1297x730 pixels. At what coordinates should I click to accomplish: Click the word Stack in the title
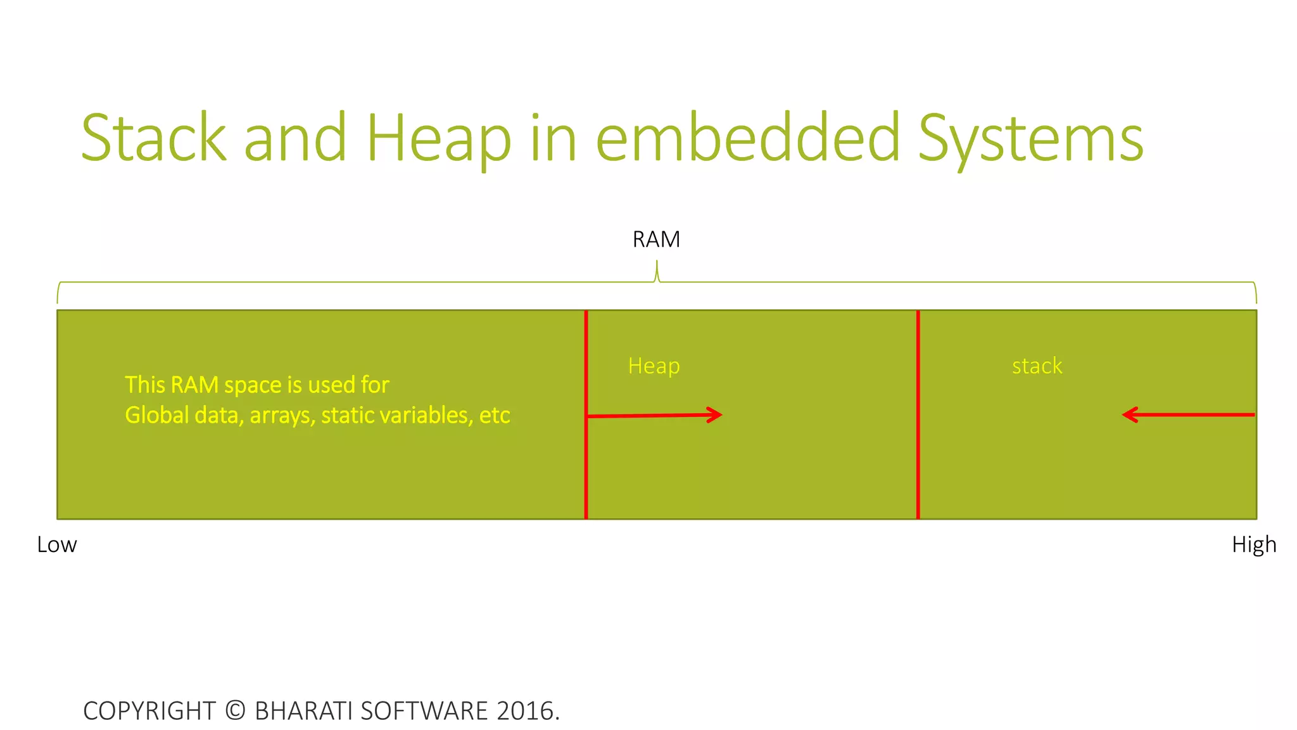(x=154, y=138)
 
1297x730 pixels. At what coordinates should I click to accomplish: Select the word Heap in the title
(x=438, y=138)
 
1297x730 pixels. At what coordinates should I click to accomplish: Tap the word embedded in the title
(x=748, y=138)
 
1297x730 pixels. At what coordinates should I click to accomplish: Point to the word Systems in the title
(x=1030, y=138)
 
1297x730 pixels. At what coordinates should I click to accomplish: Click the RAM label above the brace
(x=656, y=240)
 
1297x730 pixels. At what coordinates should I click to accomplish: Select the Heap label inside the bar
(x=654, y=366)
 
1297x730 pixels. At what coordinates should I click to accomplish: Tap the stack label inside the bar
(x=1037, y=366)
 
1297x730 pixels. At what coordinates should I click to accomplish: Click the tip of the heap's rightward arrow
(x=721, y=414)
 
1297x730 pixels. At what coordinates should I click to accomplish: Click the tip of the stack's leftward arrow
(x=1124, y=415)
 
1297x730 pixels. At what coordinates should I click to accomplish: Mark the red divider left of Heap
(x=586, y=469)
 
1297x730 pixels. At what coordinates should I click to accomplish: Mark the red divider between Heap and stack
(x=918, y=469)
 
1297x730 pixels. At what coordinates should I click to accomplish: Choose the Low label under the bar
(x=57, y=544)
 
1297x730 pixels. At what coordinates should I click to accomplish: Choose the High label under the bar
(x=1253, y=544)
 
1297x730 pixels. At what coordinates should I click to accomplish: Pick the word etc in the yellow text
(x=495, y=415)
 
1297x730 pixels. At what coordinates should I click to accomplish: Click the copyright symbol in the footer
(x=235, y=710)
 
